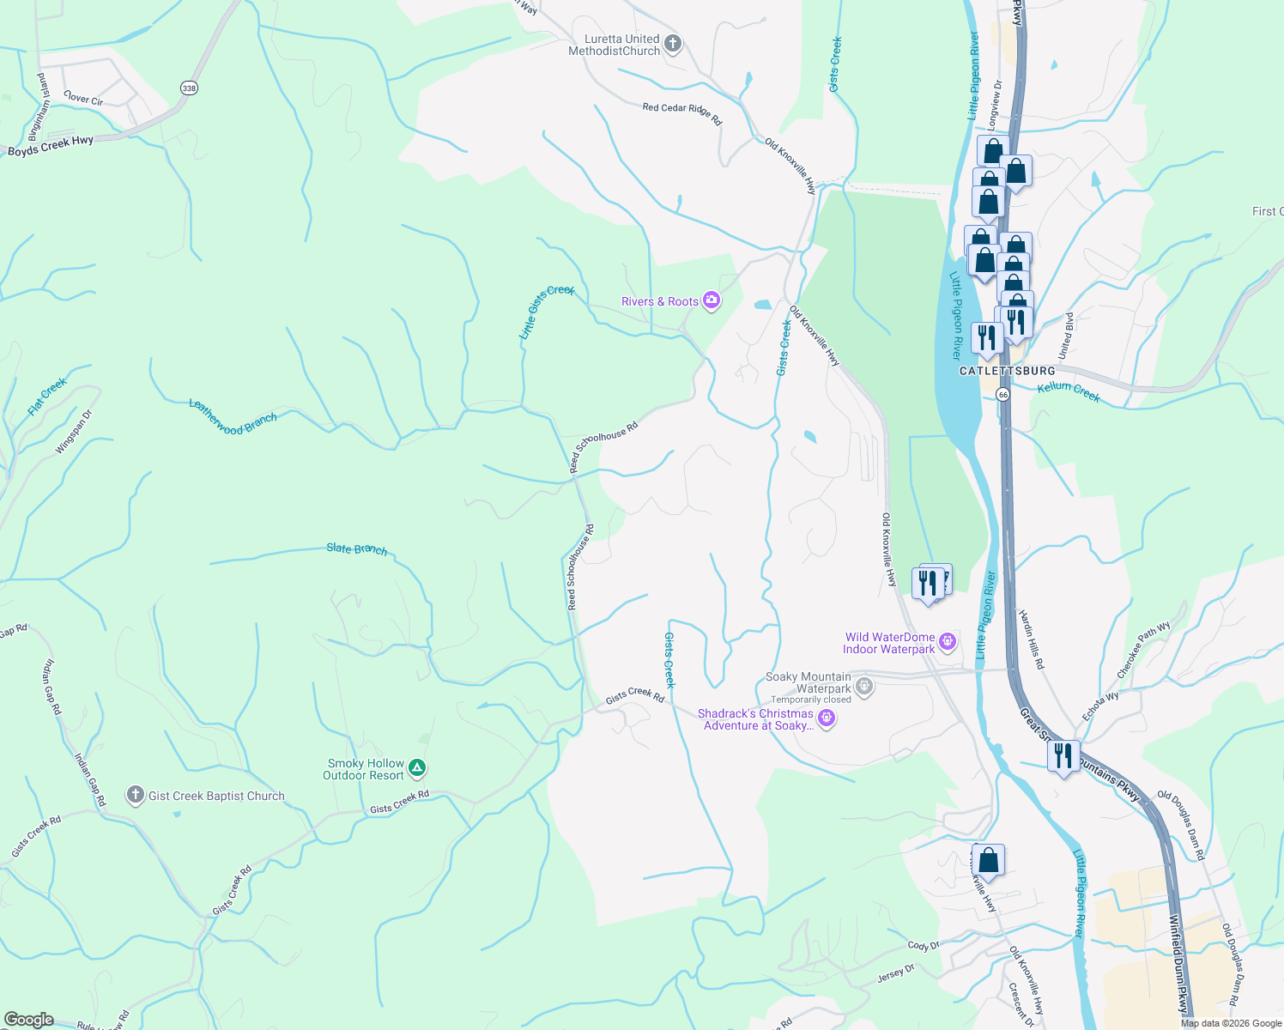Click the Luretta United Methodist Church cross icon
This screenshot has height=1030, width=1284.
[673, 44]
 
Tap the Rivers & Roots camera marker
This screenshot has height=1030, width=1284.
[711, 300]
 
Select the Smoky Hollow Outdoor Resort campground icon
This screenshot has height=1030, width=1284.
[416, 767]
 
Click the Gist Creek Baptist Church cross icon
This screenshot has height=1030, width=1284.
[135, 795]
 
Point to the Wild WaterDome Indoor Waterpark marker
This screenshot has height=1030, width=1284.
[948, 641]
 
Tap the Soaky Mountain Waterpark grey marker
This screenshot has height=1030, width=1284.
[864, 686]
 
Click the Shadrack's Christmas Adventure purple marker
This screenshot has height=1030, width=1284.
[827, 718]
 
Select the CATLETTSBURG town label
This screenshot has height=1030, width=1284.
[1007, 371]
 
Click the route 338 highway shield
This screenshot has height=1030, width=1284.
[189, 88]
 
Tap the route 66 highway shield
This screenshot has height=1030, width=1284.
[1002, 394]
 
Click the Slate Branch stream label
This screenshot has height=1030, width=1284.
[356, 548]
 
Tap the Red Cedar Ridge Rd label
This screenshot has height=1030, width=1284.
[682, 112]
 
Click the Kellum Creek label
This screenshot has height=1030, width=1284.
[1069, 391]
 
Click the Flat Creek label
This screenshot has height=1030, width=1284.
[46, 397]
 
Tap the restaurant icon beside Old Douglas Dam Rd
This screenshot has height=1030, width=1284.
[1063, 756]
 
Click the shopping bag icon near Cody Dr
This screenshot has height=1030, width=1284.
[988, 860]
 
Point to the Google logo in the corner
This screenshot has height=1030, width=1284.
[28, 1019]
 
